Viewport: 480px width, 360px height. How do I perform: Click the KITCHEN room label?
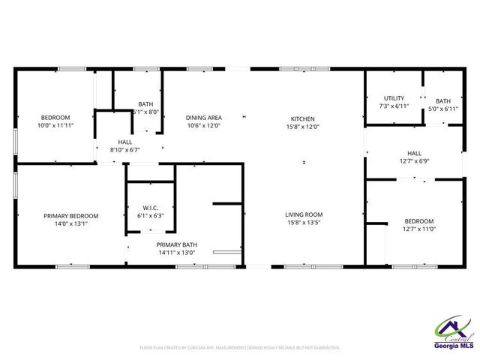click(x=303, y=118)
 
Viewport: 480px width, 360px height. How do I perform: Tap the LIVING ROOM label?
click(x=303, y=215)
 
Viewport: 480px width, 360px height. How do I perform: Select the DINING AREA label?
click(x=203, y=118)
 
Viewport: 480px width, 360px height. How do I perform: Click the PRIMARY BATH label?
click(x=177, y=244)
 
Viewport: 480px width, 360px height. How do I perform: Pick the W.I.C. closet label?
click(x=150, y=207)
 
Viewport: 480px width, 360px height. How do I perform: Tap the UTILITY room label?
click(x=394, y=98)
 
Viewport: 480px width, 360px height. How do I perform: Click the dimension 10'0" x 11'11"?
click(x=55, y=126)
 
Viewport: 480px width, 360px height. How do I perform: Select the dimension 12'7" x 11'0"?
click(x=418, y=229)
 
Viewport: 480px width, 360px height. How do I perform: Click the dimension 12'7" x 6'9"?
click(x=414, y=160)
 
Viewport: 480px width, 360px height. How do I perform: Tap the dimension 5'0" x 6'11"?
click(x=443, y=109)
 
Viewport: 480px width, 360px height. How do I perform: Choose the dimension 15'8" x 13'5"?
click(x=303, y=223)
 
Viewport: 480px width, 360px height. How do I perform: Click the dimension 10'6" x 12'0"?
click(x=203, y=126)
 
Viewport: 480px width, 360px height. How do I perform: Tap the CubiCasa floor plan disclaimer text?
click(x=240, y=348)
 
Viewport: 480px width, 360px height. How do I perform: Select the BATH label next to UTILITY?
click(x=443, y=101)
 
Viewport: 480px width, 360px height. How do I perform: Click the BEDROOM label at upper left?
click(x=55, y=118)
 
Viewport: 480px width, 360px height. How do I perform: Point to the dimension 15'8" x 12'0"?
click(x=303, y=126)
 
